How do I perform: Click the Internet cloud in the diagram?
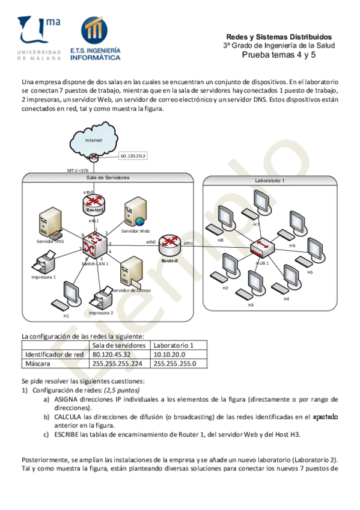pyautogui.click(x=94, y=141)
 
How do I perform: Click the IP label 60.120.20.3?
pyautogui.click(x=133, y=156)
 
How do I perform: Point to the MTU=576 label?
pyautogui.click(x=78, y=170)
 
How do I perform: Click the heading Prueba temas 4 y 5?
pyautogui.click(x=278, y=55)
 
